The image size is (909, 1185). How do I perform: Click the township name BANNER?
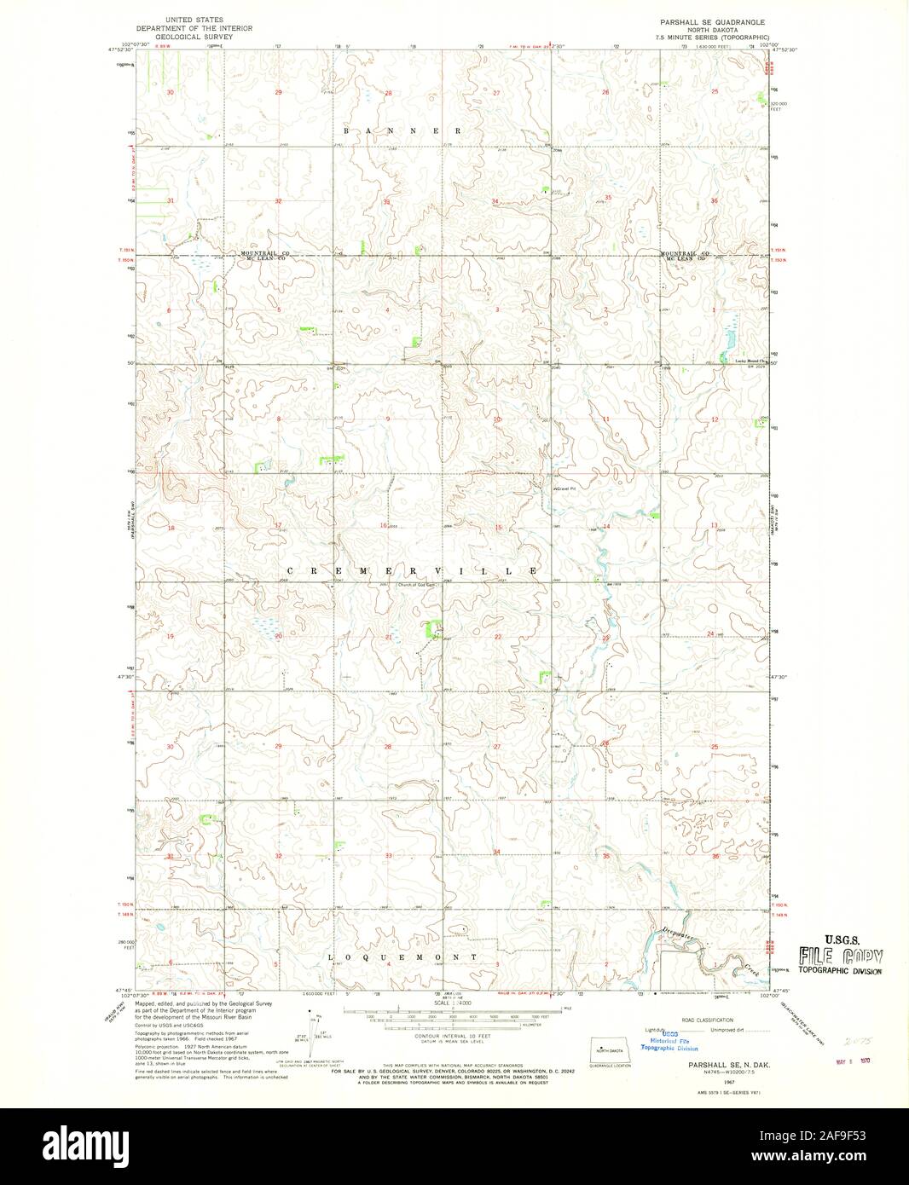[402, 131]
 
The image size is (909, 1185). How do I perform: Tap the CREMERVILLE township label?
[411, 569]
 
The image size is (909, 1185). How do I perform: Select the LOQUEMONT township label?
[402, 957]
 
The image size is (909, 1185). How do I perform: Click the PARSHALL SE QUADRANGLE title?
[712, 20]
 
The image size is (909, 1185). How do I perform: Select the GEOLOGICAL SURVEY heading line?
[197, 38]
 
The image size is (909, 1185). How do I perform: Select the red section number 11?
[605, 419]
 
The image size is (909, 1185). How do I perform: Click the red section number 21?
[388, 637]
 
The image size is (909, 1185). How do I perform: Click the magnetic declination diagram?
[317, 1027]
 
